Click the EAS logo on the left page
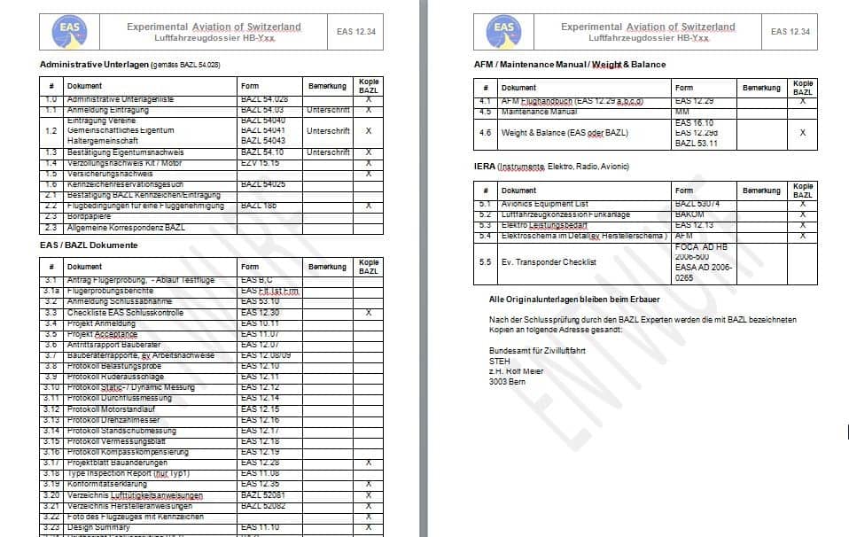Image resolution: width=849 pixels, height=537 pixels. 70,32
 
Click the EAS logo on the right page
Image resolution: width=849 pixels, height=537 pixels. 504,32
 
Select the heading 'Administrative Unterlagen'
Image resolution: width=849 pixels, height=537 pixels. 95,65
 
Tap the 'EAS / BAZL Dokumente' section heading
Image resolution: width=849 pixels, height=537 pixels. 89,244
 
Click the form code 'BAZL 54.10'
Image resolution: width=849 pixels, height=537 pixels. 262,152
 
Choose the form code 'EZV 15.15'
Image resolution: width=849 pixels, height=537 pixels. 260,163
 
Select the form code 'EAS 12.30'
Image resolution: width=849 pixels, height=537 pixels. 260,313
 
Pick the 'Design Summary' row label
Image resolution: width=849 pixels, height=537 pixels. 98,527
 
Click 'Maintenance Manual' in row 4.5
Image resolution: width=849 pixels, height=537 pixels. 539,112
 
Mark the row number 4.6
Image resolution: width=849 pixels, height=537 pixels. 485,132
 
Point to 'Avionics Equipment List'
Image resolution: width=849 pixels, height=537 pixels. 545,204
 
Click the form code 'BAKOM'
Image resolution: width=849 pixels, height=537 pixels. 689,214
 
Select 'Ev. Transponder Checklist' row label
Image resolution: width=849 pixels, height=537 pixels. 549,262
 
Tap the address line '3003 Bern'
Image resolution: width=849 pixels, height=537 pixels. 507,382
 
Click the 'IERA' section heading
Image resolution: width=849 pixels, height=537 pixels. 485,167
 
